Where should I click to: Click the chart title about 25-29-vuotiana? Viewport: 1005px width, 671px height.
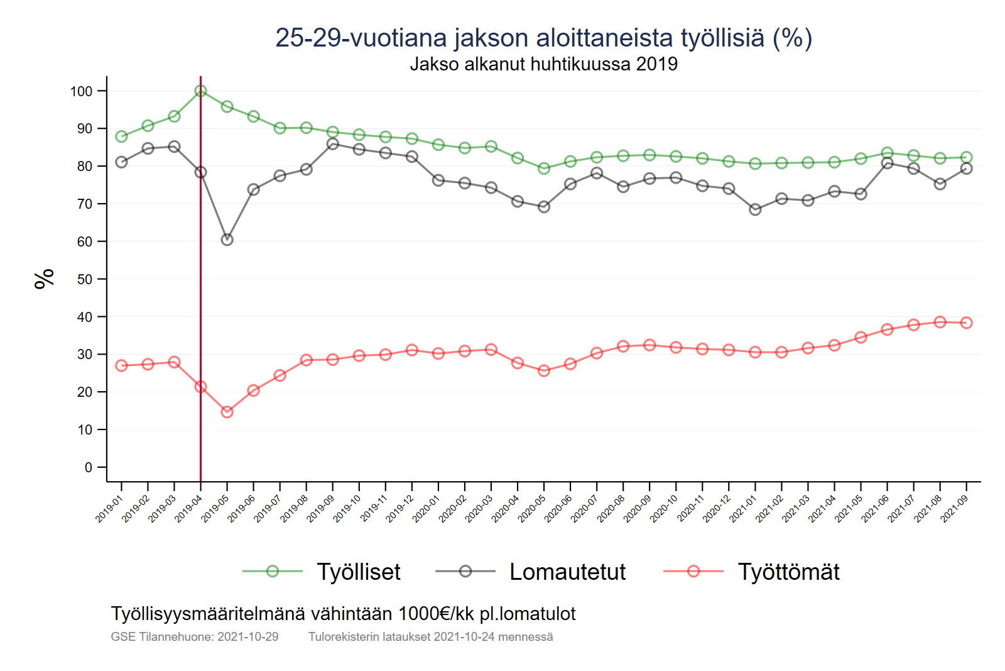543,38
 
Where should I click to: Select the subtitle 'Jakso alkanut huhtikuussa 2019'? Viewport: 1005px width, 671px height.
543,64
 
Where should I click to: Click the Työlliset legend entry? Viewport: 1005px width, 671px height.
358,572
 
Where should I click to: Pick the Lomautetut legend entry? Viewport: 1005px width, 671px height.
567,572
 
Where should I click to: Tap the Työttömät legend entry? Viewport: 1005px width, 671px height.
788,572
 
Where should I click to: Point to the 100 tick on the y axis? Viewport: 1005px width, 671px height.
81,91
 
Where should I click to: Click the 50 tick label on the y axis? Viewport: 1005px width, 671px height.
85,279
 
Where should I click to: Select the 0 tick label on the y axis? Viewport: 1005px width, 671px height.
89,467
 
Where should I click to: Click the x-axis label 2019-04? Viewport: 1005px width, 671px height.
188,509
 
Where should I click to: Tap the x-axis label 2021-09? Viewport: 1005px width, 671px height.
954,509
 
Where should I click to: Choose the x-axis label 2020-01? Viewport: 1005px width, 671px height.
426,509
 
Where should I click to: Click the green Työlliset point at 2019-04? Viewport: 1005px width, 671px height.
200,91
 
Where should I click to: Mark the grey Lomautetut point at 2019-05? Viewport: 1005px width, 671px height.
227,240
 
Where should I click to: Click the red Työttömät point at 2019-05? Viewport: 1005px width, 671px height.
227,412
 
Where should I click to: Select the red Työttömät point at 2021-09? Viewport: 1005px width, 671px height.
966,323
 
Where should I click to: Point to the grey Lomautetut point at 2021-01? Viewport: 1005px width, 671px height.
755,209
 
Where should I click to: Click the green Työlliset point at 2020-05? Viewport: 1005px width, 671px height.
544,168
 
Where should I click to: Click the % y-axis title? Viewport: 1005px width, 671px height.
45,279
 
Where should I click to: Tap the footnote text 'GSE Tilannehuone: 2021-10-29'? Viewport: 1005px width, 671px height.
195,636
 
